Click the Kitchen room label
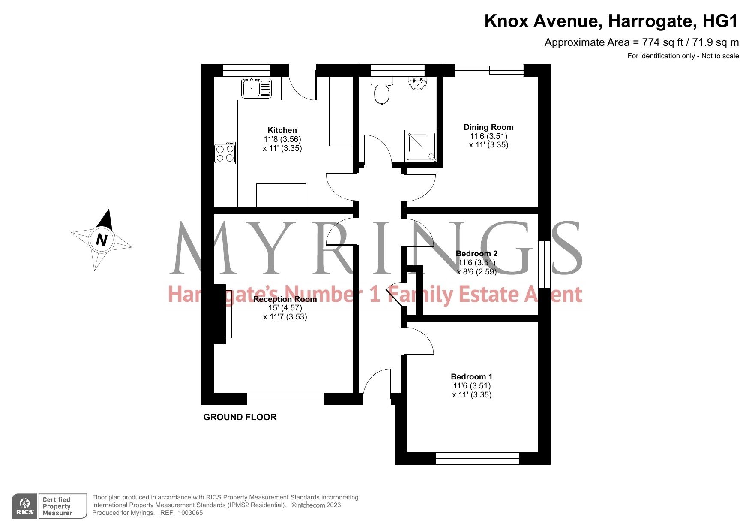pyautogui.click(x=282, y=130)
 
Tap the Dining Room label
pyautogui.click(x=488, y=127)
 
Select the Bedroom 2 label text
pyautogui.click(x=476, y=254)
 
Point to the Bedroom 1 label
pyautogui.click(x=471, y=377)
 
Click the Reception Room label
pyautogui.click(x=285, y=299)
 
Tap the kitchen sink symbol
pyautogui.click(x=256, y=88)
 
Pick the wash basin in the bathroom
pyautogui.click(x=417, y=83)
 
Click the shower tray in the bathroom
pyautogui.click(x=421, y=146)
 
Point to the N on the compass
pyautogui.click(x=101, y=239)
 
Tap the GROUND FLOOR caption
pyautogui.click(x=240, y=417)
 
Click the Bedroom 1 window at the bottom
pyautogui.click(x=477, y=458)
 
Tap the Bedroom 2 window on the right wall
pyautogui.click(x=544, y=264)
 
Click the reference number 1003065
pyautogui.click(x=190, y=513)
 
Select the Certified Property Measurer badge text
pyautogui.click(x=57, y=506)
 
